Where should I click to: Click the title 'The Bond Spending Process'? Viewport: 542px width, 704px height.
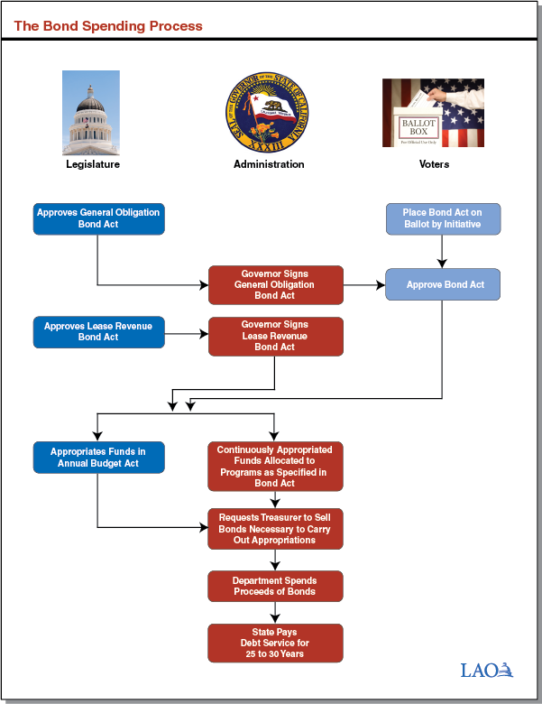[x=108, y=26]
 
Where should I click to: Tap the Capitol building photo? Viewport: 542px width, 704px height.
[x=90, y=113]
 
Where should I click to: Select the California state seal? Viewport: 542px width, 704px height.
[x=269, y=113]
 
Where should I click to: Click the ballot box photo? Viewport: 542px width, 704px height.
[x=433, y=113]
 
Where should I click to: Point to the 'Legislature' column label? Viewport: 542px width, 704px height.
[x=92, y=164]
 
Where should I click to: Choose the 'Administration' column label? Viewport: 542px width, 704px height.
[x=269, y=164]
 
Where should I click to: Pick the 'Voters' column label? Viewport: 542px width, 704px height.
[x=434, y=164]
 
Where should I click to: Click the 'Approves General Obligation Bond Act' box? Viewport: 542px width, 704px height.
[x=99, y=218]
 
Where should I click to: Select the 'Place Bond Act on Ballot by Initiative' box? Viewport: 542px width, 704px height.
[x=442, y=218]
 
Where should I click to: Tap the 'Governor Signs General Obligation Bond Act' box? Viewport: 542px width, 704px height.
[x=275, y=284]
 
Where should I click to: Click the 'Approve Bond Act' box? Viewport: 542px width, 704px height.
[x=442, y=284]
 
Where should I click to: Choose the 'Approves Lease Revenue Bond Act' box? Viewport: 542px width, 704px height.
[x=99, y=331]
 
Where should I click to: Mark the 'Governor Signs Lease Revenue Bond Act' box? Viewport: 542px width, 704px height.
[x=275, y=336]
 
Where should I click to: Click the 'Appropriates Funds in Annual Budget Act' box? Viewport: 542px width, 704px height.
[x=99, y=457]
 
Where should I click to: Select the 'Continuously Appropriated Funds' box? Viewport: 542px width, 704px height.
[x=275, y=466]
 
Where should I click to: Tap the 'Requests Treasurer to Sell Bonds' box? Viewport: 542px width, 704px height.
[x=275, y=528]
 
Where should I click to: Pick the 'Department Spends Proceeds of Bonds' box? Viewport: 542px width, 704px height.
[x=275, y=586]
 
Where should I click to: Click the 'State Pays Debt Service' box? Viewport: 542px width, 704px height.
[x=275, y=642]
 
